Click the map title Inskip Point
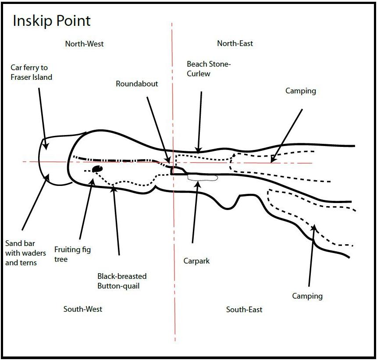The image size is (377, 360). (x=52, y=21)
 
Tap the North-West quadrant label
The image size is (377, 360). (x=84, y=44)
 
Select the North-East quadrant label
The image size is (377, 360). (x=235, y=43)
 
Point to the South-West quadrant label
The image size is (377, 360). (x=83, y=309)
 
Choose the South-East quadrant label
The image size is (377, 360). (x=244, y=310)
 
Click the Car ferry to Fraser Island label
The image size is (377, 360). (x=32, y=73)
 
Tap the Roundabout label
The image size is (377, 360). (x=137, y=83)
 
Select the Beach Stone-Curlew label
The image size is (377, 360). (x=208, y=69)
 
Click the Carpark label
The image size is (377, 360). (x=196, y=261)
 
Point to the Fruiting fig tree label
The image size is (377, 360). (x=73, y=254)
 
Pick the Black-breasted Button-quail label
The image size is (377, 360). (x=122, y=281)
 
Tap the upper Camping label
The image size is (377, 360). (x=301, y=91)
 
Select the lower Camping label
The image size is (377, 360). (x=307, y=296)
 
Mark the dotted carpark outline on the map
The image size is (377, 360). (x=202, y=178)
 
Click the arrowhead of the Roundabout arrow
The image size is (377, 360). (x=168, y=162)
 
